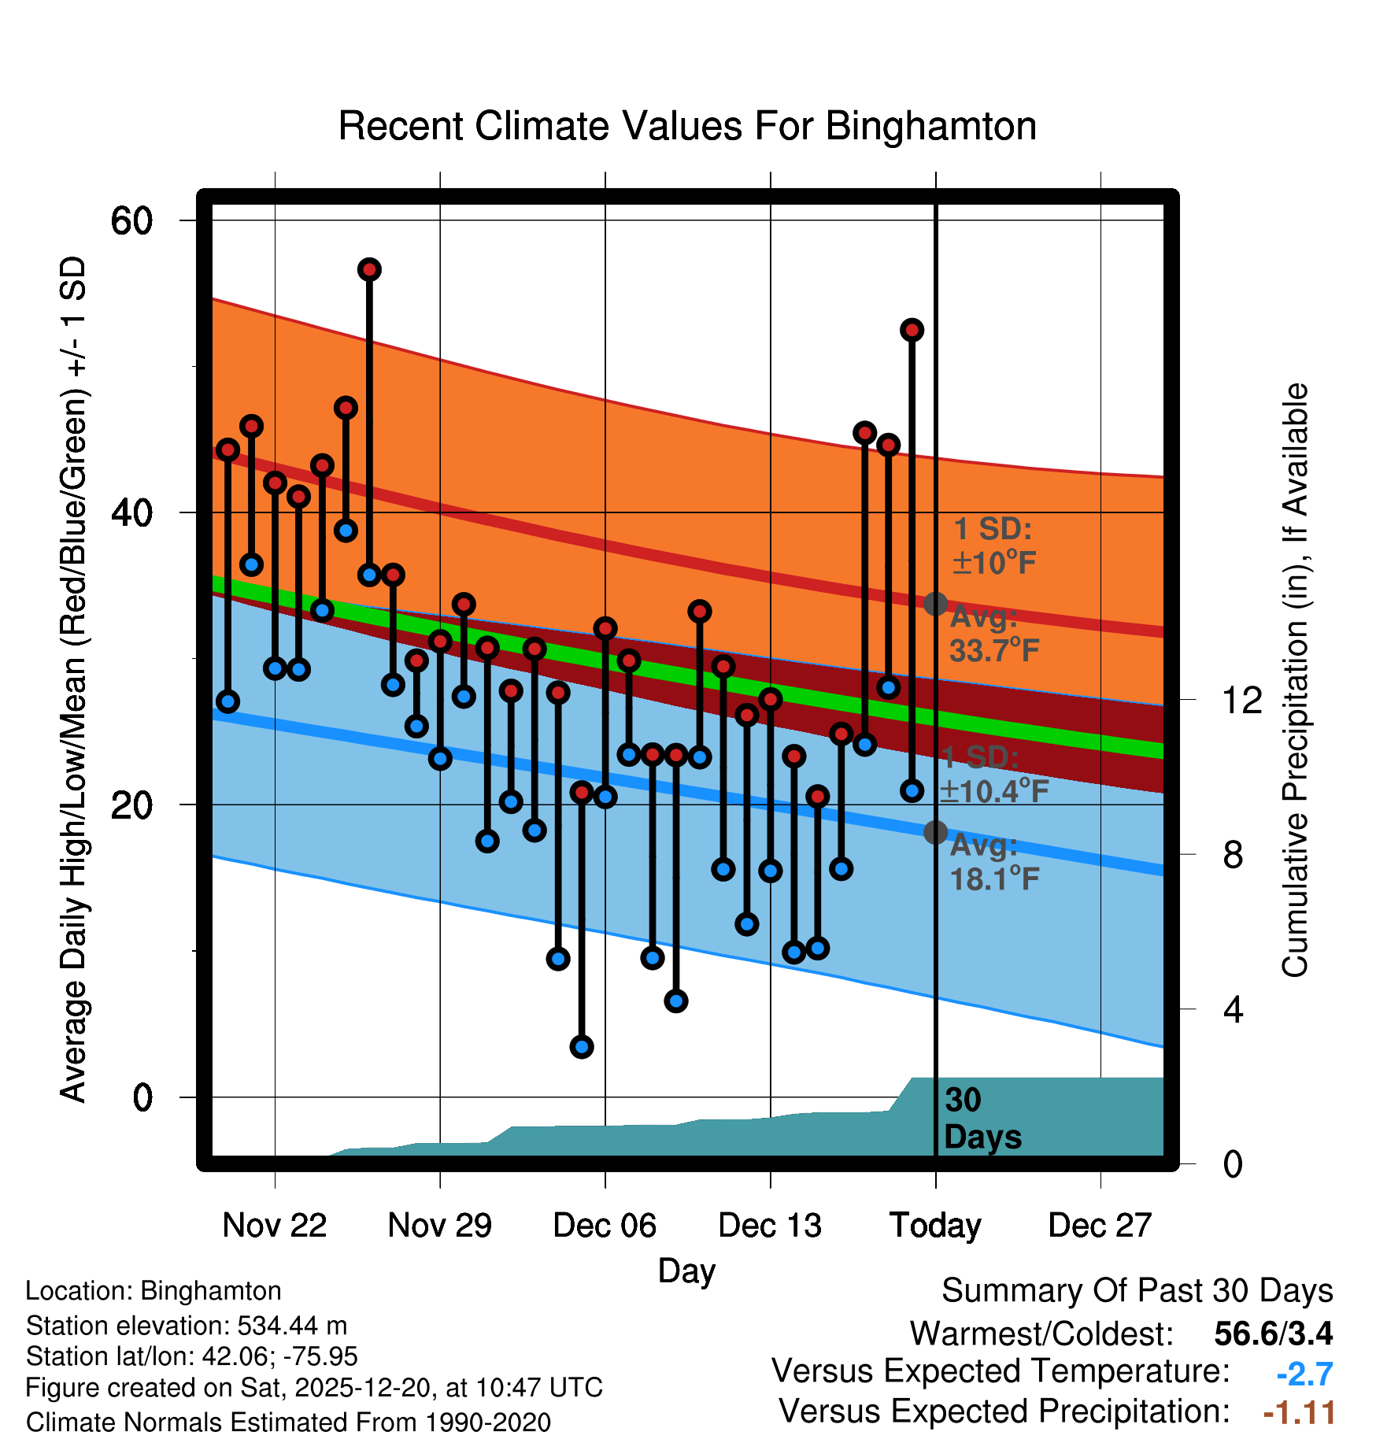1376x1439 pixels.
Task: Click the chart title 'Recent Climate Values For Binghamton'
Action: click(687, 126)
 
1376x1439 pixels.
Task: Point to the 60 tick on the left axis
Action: click(131, 220)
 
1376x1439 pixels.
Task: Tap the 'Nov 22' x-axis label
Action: click(274, 1225)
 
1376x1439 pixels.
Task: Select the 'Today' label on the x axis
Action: click(935, 1225)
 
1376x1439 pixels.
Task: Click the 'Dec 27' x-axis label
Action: click(1100, 1225)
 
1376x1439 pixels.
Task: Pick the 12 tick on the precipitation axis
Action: click(1241, 700)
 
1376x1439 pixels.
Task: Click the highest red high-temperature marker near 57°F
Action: click(369, 270)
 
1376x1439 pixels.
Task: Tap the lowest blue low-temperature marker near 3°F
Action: click(582, 1047)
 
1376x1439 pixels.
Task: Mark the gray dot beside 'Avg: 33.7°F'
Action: click(935, 604)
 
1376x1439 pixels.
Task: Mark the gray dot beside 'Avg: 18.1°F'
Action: click(935, 832)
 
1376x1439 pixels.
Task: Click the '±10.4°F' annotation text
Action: click(994, 791)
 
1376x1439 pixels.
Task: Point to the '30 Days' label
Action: click(982, 1119)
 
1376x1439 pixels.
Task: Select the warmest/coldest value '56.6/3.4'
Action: click(1273, 1334)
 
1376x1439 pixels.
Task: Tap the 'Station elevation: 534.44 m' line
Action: click(187, 1326)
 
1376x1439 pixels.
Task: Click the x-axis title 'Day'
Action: click(686, 1271)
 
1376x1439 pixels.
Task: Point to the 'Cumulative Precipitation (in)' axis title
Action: click(1295, 680)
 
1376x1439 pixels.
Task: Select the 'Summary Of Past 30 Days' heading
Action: click(1137, 1291)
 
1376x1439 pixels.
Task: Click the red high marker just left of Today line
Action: click(912, 330)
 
